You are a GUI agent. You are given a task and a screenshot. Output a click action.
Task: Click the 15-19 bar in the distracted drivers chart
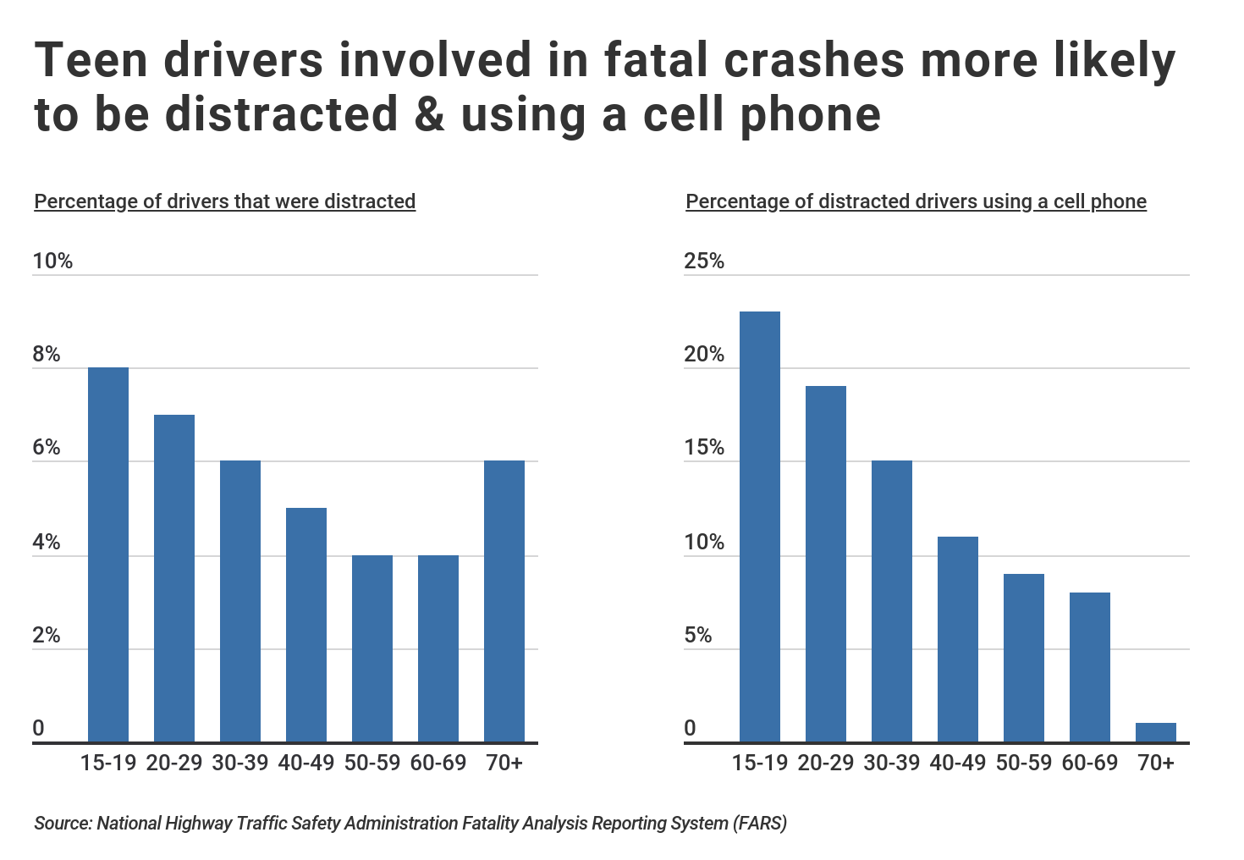pyautogui.click(x=108, y=554)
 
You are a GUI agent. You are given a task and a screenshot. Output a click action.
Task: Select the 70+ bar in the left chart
pyautogui.click(x=504, y=601)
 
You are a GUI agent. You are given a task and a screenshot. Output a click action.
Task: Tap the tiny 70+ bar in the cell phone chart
pyautogui.click(x=1156, y=733)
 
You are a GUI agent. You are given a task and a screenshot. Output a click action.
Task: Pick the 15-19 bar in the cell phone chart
pyautogui.click(x=760, y=526)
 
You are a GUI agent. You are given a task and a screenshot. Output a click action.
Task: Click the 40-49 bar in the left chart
pyautogui.click(x=306, y=625)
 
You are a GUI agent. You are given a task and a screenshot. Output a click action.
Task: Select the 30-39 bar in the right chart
pyautogui.click(x=892, y=601)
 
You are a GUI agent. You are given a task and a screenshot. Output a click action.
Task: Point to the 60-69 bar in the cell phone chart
pyautogui.click(x=1090, y=667)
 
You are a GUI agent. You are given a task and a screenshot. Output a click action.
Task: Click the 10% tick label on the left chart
pyautogui.click(x=52, y=261)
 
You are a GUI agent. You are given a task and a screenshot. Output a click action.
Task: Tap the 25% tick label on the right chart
pyautogui.click(x=704, y=261)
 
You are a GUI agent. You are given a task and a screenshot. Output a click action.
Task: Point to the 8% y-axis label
pyautogui.click(x=47, y=354)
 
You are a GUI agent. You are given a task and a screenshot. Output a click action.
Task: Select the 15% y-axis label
pyautogui.click(x=704, y=448)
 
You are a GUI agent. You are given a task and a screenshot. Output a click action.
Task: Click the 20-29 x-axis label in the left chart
pyautogui.click(x=174, y=763)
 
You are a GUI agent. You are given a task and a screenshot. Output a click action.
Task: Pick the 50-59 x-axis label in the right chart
pyautogui.click(x=1024, y=763)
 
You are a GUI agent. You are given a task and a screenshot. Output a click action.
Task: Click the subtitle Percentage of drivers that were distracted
pyautogui.click(x=224, y=201)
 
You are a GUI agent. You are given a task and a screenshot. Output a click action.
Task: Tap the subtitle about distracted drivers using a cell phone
pyautogui.click(x=916, y=201)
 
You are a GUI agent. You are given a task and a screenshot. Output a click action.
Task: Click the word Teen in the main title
pyautogui.click(x=89, y=61)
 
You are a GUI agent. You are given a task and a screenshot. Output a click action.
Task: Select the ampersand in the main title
pyautogui.click(x=430, y=113)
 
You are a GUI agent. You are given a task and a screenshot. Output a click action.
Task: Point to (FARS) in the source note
pyautogui.click(x=759, y=823)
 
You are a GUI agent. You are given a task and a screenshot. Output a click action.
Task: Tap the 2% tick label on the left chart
pyautogui.click(x=47, y=636)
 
